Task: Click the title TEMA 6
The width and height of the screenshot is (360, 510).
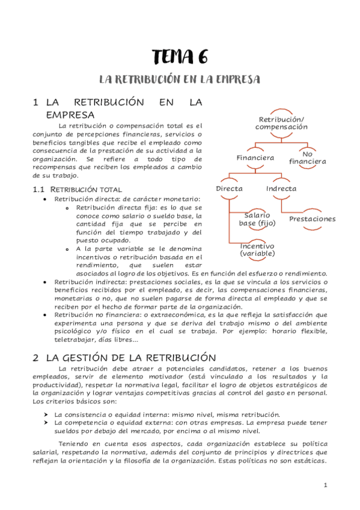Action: (180, 58)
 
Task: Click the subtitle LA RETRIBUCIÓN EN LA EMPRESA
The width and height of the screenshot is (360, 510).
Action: (180, 79)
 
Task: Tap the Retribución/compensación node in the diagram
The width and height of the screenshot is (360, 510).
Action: (281, 123)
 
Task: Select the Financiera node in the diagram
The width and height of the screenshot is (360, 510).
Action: (255, 158)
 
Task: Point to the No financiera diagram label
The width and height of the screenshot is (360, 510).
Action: (308, 158)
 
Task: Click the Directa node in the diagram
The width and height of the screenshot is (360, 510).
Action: (229, 188)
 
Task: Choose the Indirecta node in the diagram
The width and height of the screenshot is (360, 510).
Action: (281, 188)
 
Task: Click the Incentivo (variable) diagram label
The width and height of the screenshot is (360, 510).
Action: (257, 250)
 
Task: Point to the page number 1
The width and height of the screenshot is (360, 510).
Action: (325, 485)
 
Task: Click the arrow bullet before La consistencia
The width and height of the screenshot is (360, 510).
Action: (46, 414)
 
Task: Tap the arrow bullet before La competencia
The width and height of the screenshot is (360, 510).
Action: (46, 423)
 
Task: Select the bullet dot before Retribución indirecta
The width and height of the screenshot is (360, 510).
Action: (46, 281)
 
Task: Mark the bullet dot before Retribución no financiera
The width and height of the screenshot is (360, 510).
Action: (46, 314)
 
